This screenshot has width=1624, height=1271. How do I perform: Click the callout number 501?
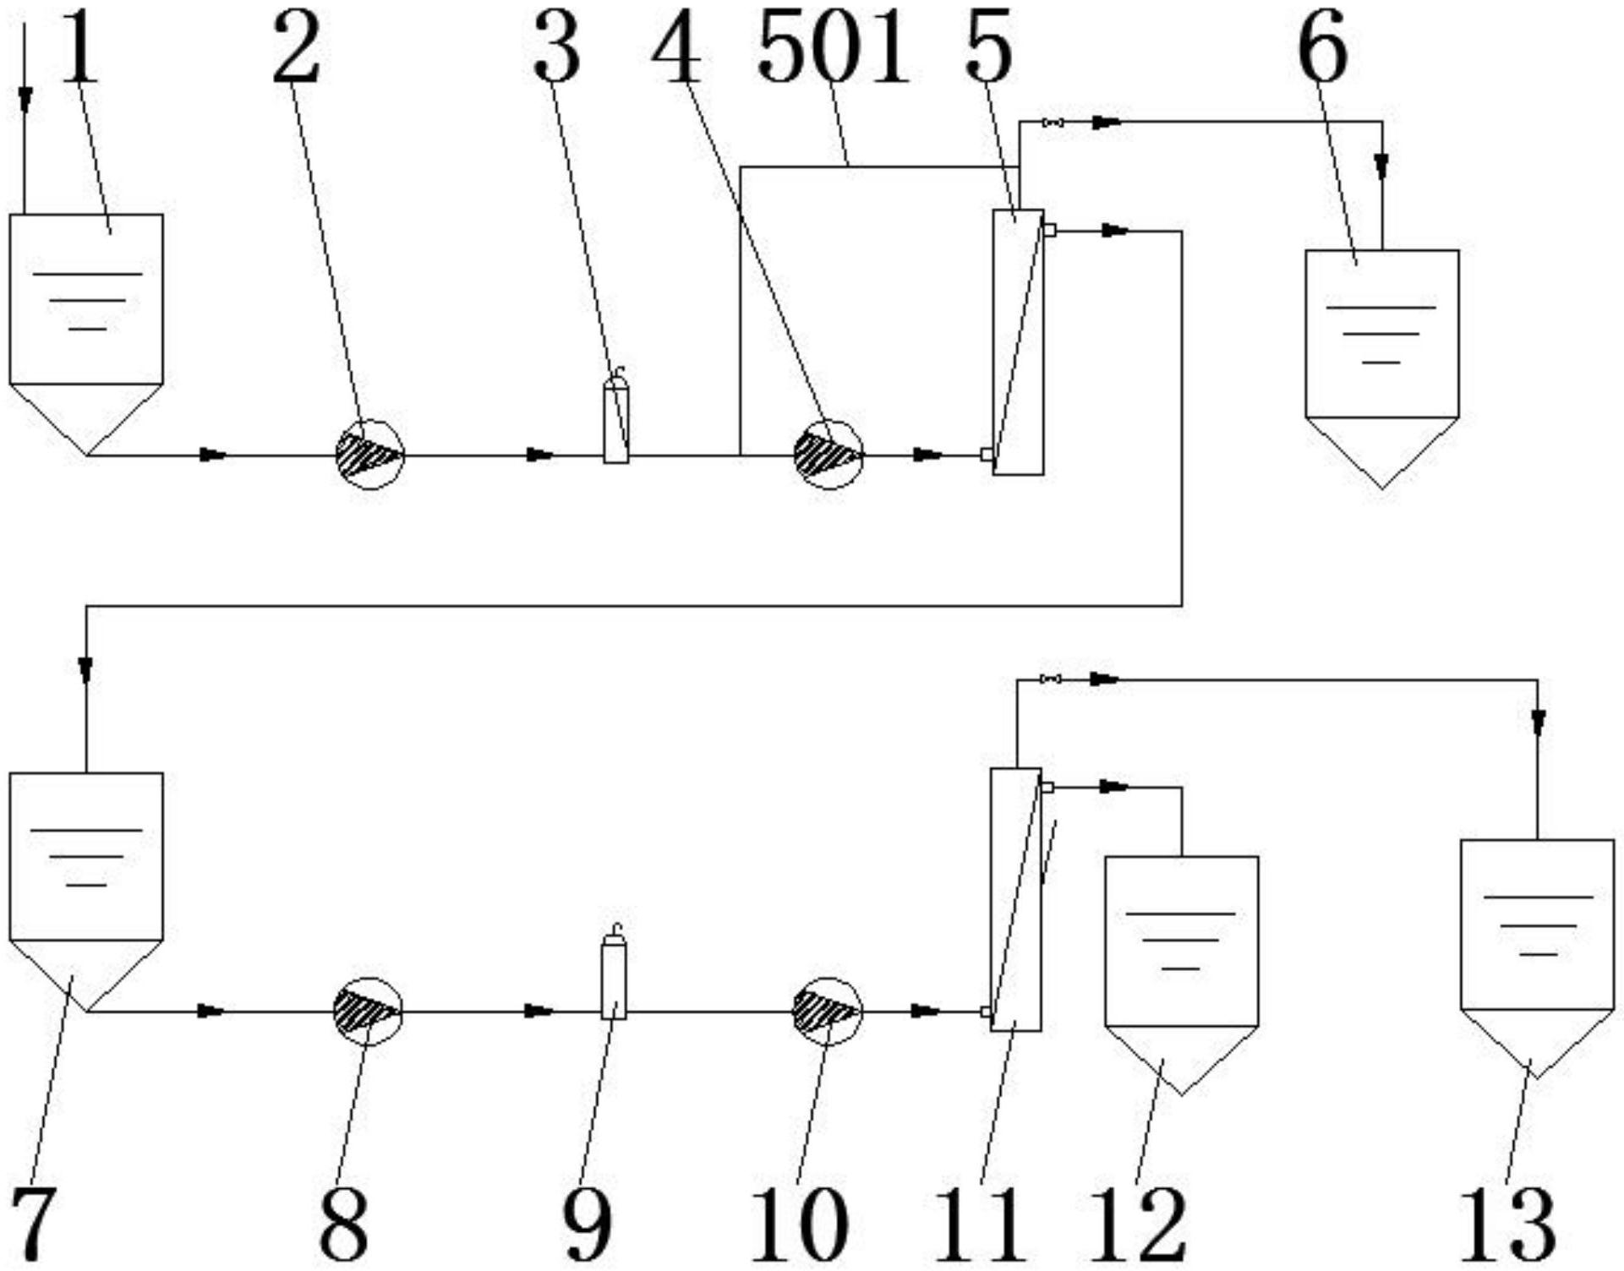pos(833,48)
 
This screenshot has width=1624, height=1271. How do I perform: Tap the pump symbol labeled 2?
pos(369,455)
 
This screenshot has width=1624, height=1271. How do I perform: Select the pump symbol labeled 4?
pos(828,455)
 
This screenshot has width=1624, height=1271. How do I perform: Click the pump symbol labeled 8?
pos(368,1012)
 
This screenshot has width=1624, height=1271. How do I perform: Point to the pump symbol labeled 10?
pos(827,1012)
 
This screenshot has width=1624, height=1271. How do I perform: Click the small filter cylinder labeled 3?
pos(616,415)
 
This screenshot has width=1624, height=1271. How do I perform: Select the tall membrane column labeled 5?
pos(1018,342)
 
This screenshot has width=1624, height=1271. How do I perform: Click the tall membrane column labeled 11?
pos(1015,899)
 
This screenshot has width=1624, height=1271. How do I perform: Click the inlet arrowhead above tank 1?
pos(25,101)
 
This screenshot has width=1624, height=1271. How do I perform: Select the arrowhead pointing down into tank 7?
pos(85,671)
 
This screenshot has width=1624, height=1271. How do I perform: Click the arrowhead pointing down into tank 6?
pos(1381,166)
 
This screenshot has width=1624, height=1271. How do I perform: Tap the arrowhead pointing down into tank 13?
pos(1539,722)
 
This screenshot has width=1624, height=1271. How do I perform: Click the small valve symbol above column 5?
pos(1053,123)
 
